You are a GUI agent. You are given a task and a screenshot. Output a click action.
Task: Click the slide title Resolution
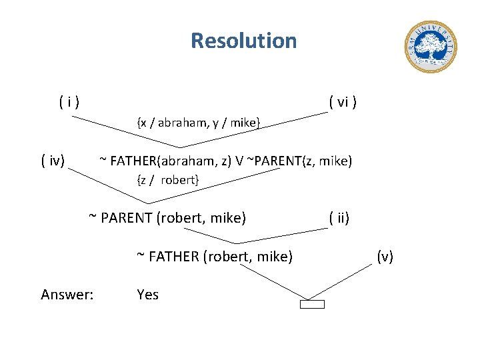[x=243, y=41]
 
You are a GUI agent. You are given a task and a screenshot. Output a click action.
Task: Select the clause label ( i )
[x=69, y=102]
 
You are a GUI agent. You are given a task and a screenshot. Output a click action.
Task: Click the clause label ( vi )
[x=343, y=102]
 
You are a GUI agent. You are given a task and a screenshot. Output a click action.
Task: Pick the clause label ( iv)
[x=53, y=161]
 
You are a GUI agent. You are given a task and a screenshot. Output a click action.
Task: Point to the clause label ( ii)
[x=339, y=217]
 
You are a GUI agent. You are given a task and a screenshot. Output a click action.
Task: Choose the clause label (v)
[x=385, y=256]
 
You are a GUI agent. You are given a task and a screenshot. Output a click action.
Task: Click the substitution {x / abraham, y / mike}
[x=198, y=122]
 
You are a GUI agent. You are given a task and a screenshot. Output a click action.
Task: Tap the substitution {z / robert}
[x=167, y=180]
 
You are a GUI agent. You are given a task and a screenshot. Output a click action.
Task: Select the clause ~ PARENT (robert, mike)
[x=167, y=217]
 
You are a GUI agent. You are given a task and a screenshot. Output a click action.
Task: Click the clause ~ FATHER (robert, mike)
[x=215, y=256]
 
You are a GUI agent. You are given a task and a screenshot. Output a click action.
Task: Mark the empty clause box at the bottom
[x=312, y=305]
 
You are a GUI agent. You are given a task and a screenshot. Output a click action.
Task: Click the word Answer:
[x=67, y=294]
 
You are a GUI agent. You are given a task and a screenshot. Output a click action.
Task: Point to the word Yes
[x=147, y=294]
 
